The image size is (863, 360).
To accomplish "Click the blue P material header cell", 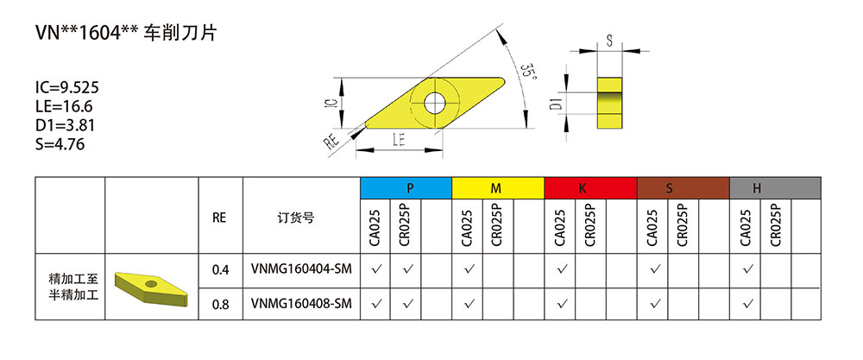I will pos(406,187).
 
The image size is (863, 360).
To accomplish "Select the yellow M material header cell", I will pos(498,187).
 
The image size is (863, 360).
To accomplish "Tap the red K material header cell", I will pos(590,187).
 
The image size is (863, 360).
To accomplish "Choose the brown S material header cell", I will pos(683,187).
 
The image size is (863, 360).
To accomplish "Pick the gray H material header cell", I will pos(774,187).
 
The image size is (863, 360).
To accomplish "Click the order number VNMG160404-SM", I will pos(301,270).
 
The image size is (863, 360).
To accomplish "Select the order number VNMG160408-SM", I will pos(301,303).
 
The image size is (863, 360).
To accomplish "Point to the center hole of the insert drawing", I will pos(434,101).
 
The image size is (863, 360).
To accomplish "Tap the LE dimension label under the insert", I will pos(399,138).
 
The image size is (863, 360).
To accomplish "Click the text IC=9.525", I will pos(67,88).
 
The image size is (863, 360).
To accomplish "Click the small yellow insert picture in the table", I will pos(152,286).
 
